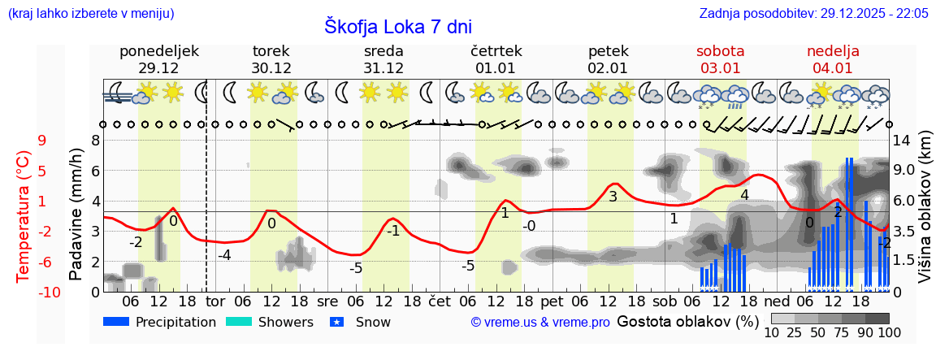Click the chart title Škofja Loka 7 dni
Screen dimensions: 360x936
tap(397, 26)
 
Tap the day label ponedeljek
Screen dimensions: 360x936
tap(158, 51)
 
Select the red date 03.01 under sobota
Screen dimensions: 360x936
tap(720, 68)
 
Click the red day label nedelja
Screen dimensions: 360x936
tap(833, 51)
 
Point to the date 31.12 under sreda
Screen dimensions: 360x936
tap(383, 68)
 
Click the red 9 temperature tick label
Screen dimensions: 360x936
tap(42, 141)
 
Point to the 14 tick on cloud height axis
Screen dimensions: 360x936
tap(903, 141)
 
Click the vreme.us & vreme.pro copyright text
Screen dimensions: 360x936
tap(540, 323)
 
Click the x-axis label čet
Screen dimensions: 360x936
tap(440, 301)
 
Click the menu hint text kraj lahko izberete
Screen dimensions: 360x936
tap(90, 13)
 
